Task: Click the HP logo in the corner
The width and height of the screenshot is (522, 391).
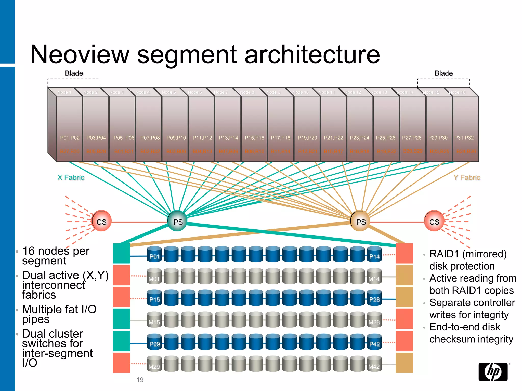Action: (x=493, y=372)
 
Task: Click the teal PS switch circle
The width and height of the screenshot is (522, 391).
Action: (x=178, y=221)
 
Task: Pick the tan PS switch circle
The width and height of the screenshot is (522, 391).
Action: (x=360, y=221)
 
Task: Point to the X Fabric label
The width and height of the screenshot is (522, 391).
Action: (x=71, y=177)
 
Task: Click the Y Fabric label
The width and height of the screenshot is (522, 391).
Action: (x=467, y=177)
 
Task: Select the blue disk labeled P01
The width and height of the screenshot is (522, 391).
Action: (x=154, y=255)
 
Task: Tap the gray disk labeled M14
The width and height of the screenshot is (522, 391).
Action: (x=374, y=277)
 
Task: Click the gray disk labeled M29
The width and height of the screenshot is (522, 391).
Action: (x=154, y=365)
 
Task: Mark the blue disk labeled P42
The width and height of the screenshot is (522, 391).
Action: (x=374, y=343)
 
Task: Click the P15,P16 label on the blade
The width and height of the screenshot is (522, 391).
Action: (x=254, y=138)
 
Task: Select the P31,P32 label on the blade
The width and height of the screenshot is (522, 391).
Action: (x=464, y=138)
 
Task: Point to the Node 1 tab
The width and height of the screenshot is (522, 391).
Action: (x=64, y=92)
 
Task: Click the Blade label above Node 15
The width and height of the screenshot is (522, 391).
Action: (x=443, y=73)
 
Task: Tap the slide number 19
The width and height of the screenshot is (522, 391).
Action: (x=140, y=380)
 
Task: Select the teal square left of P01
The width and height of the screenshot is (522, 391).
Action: (x=122, y=253)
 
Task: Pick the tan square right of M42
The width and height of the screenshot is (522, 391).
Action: (x=404, y=363)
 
